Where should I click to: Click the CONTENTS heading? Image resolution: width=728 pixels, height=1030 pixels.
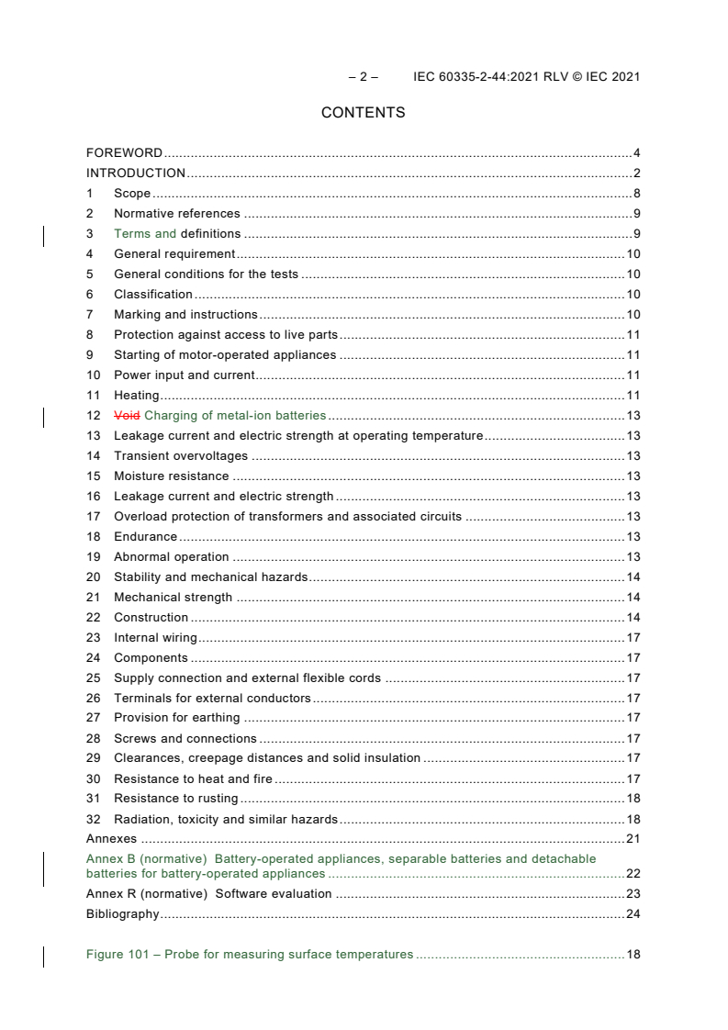(x=363, y=113)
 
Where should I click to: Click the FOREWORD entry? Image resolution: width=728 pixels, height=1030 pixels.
(x=124, y=153)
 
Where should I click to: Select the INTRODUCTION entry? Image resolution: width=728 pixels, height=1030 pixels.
(x=136, y=174)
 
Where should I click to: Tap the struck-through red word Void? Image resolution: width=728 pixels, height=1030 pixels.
(x=127, y=416)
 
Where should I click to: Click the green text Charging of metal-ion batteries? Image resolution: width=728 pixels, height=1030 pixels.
(x=235, y=416)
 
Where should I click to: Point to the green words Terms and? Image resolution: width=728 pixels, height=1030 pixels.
(x=144, y=234)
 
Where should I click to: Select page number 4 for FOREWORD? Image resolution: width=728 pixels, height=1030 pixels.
(x=636, y=153)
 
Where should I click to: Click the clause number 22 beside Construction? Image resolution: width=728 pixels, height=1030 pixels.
(x=93, y=618)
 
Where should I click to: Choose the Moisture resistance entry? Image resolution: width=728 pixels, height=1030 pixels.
(x=171, y=476)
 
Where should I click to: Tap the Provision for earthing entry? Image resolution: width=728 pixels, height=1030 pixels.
(x=176, y=718)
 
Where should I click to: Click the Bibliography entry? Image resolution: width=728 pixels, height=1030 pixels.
(x=122, y=914)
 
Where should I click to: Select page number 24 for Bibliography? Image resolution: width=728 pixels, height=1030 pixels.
(x=633, y=914)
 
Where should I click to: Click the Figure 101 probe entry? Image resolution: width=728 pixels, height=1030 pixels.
(x=249, y=955)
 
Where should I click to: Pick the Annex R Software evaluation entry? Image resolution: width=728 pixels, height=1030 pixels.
(x=208, y=894)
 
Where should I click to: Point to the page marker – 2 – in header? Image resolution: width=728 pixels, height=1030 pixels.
(x=363, y=77)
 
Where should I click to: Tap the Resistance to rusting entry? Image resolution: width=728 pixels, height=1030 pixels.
(x=175, y=799)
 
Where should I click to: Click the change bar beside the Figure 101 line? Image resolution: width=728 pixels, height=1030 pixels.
(x=44, y=956)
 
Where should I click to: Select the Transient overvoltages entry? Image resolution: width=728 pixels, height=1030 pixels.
(x=180, y=456)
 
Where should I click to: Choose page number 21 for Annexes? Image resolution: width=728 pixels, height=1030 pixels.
(x=633, y=839)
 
